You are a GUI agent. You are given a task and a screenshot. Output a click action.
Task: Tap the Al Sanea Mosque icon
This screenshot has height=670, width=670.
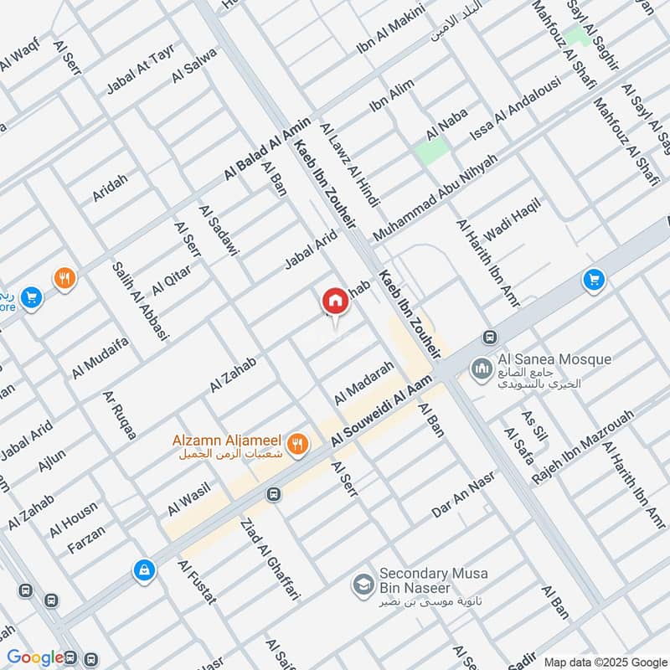coord(482,368)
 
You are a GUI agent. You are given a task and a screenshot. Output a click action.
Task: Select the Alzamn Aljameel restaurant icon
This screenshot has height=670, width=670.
coord(296,444)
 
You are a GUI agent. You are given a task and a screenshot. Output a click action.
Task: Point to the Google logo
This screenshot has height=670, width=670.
coord(35,657)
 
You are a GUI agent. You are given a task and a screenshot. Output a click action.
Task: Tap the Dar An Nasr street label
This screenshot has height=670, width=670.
coord(463,494)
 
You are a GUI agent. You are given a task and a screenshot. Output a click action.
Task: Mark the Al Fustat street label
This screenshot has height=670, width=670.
coord(197,582)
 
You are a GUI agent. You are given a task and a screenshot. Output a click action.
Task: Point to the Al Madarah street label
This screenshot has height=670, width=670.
coord(364,384)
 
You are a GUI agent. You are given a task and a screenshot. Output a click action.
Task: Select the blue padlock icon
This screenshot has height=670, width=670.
coord(145,570)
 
